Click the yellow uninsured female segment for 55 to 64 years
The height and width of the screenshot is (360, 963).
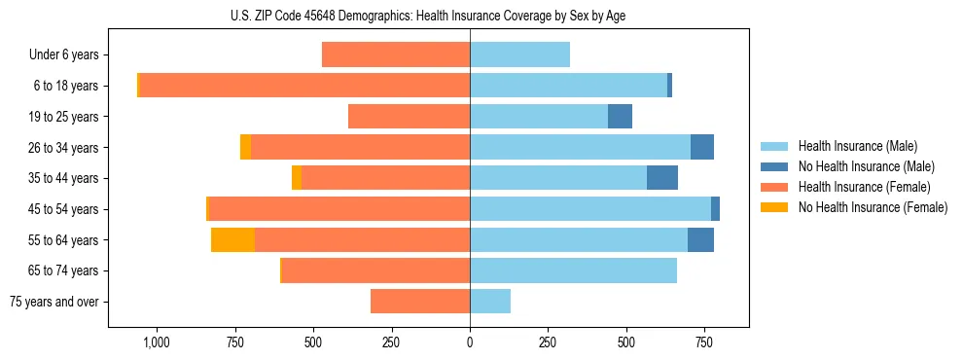point(232,239)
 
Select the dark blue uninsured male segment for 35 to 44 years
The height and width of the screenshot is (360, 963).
point(662,178)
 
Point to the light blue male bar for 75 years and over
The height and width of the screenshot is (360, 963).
point(490,302)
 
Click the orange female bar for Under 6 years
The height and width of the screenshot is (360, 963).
point(396,54)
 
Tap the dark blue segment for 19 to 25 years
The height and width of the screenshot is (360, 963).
point(620,117)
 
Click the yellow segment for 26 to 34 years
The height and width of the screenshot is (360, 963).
point(245,147)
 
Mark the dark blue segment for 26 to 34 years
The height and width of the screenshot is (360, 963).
point(702,147)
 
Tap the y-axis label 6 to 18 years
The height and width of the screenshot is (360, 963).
point(65,86)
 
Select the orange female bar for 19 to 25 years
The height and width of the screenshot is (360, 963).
point(409,117)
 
